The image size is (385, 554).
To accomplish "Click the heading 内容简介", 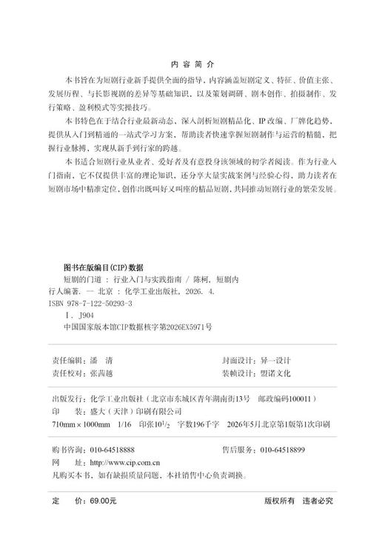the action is click(x=192, y=65).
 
